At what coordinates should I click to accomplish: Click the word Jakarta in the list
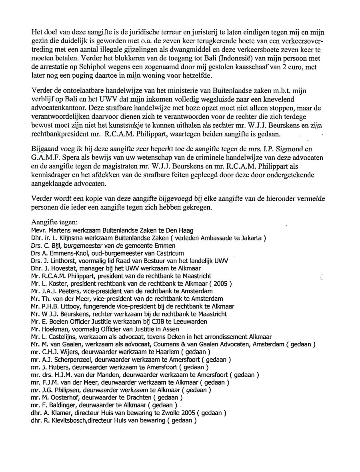(248, 238)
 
